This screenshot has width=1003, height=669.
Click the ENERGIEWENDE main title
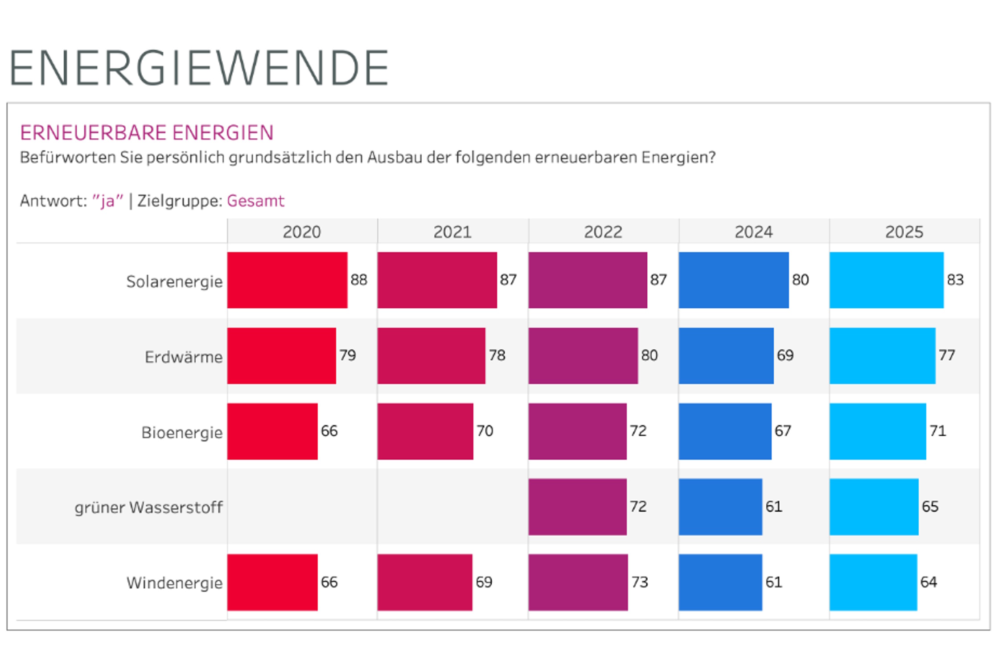click(x=199, y=68)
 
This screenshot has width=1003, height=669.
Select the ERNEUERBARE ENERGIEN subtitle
click(x=147, y=133)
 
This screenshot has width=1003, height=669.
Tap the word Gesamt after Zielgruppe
click(x=255, y=201)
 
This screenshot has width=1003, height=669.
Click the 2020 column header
click(x=302, y=232)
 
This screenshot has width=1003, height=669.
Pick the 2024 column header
click(x=753, y=232)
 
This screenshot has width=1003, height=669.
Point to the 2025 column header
click(x=904, y=232)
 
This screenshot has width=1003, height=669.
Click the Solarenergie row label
click(x=174, y=281)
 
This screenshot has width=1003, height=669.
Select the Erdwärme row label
click(x=183, y=357)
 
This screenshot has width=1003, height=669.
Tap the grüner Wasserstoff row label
click(x=148, y=508)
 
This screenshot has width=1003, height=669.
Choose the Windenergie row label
click(x=174, y=583)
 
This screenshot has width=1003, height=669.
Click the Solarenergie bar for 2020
click(x=287, y=280)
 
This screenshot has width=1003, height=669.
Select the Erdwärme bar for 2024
click(x=726, y=356)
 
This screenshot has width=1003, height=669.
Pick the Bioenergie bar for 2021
click(x=425, y=431)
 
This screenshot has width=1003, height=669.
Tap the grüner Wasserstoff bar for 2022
click(x=577, y=507)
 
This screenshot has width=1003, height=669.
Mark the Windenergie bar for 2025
click(x=873, y=582)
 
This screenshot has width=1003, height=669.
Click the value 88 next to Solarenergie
click(x=359, y=280)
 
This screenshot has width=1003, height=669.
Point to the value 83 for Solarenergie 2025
click(x=955, y=280)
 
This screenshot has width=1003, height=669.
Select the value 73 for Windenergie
click(x=640, y=582)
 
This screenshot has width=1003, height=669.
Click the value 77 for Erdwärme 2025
click(x=947, y=355)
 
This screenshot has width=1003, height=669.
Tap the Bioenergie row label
click(x=182, y=432)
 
